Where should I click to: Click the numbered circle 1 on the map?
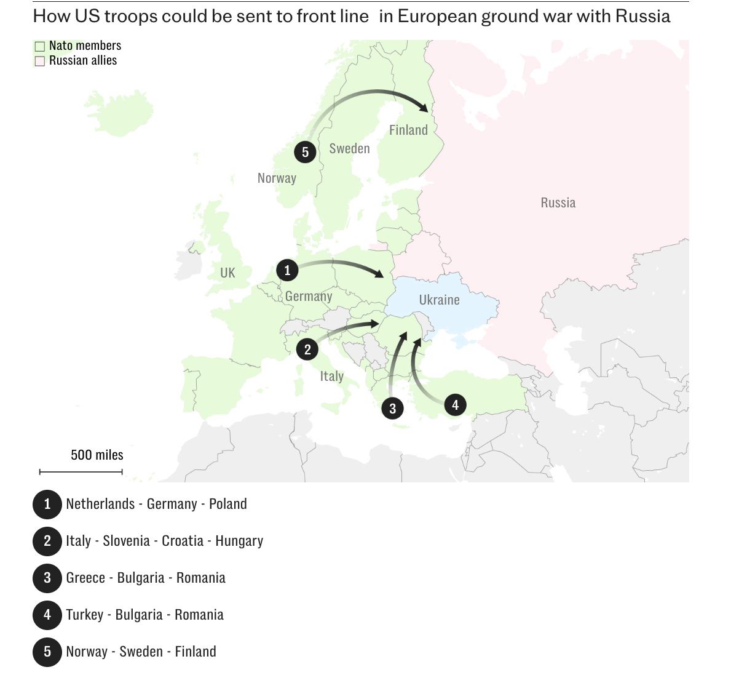coord(287,270)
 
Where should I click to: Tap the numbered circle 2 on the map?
coord(307,349)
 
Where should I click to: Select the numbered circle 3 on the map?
coord(392,408)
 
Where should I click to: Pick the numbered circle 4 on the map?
coord(455,405)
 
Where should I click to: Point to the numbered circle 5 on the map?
coord(305,152)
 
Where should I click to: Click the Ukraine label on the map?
coord(439,300)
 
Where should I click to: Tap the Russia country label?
coord(558,202)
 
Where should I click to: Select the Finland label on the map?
coord(408,130)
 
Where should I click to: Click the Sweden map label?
coord(349,148)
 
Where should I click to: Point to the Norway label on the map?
coord(277,178)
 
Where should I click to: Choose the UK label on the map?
coord(227,273)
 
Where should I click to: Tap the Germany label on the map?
coord(309,296)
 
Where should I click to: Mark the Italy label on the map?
coord(331,376)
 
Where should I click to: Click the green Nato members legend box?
coord(40,46)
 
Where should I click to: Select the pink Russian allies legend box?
coord(40,61)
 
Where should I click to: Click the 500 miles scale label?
coord(97,455)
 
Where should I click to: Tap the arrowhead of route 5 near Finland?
coord(424,109)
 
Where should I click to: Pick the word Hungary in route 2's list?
coord(239,541)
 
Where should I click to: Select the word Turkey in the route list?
coord(84,615)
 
